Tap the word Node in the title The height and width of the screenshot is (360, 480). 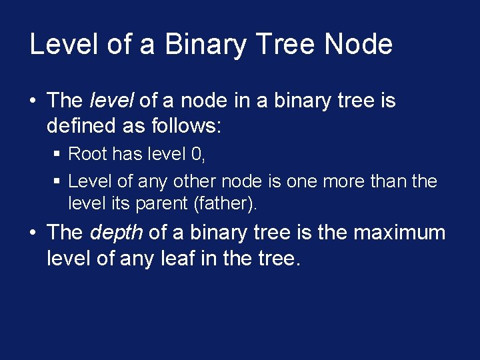tap(358, 45)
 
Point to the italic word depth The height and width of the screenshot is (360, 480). tap(115, 233)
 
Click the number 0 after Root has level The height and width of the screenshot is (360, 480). tap(197, 155)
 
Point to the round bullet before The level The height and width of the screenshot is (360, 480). tap(33, 101)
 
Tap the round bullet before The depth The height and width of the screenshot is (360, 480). tap(33, 233)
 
